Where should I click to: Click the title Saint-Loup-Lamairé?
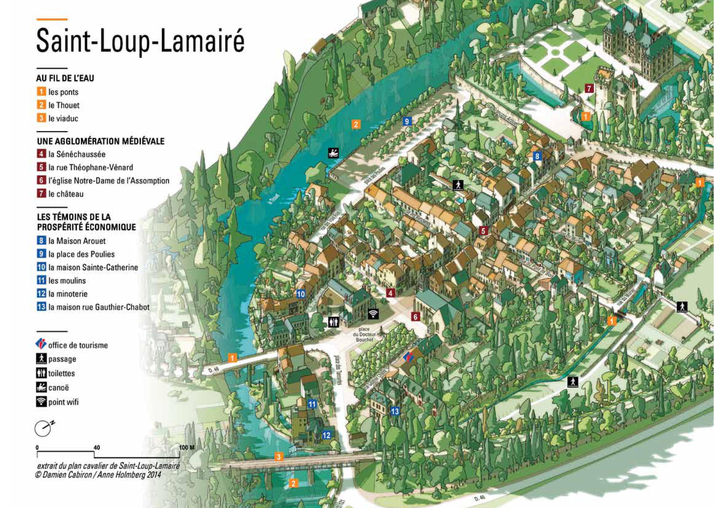pos(140,41)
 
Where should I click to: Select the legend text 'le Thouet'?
pos(64,105)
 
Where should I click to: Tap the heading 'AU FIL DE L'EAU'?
pos(65,78)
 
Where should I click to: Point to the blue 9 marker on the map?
pos(406,121)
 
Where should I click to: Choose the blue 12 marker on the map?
pos(326,435)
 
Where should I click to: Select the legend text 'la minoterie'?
pos(68,294)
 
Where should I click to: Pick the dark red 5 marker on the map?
pos(483,231)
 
